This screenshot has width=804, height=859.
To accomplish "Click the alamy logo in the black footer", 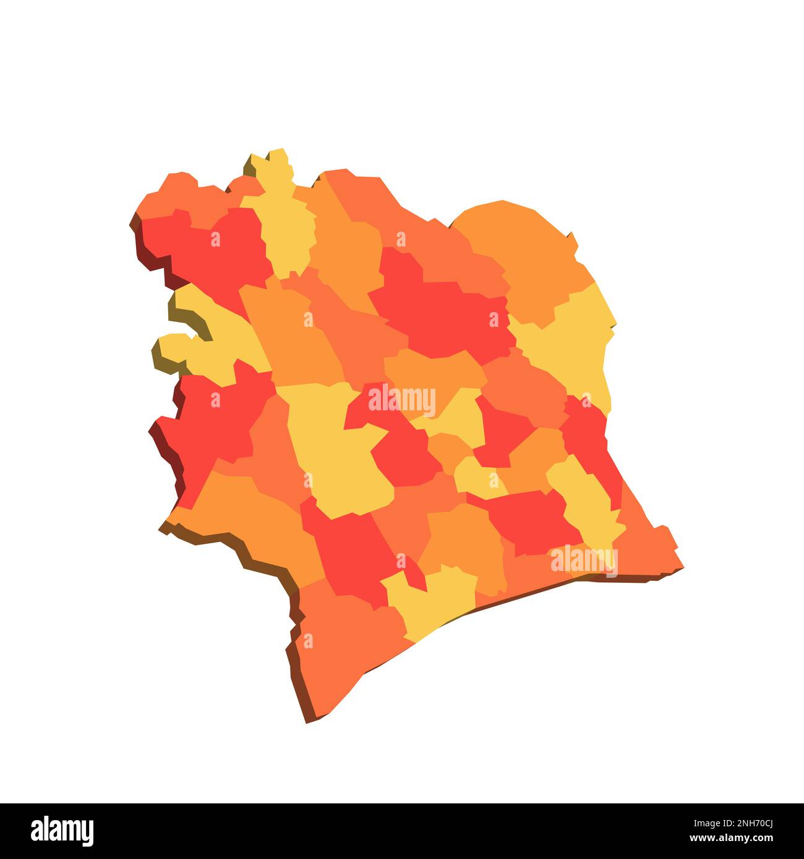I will coord(62,831).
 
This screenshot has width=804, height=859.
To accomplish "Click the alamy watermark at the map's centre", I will coord(402,400).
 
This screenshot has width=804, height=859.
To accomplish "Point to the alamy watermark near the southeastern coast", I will coord(584,560).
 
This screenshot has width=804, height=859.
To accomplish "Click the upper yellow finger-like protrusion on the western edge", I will coord(198,309).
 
